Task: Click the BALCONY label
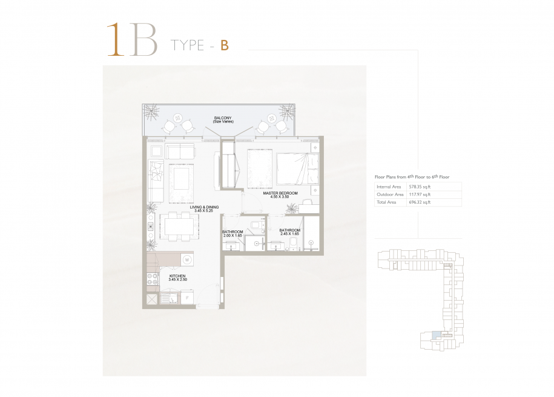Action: point(223,118)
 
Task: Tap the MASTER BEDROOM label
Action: point(280,193)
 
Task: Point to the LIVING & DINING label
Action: point(204,207)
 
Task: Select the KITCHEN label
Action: point(177,276)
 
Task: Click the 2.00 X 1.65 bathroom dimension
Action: point(232,235)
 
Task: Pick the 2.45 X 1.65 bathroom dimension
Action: point(290,234)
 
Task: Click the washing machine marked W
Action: point(187,260)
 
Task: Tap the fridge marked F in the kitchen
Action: point(187,297)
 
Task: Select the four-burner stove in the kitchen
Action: point(153,279)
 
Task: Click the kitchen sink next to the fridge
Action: point(170,298)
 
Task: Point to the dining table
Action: point(177,227)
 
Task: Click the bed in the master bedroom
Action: point(297,168)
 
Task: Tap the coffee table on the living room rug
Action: point(182,179)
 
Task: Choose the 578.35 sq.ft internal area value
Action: point(420,187)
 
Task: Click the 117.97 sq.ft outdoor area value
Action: point(420,195)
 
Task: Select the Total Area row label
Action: point(386,202)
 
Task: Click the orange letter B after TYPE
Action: point(225,45)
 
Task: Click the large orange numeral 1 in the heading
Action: point(116,39)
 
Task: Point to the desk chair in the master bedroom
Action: point(306,202)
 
